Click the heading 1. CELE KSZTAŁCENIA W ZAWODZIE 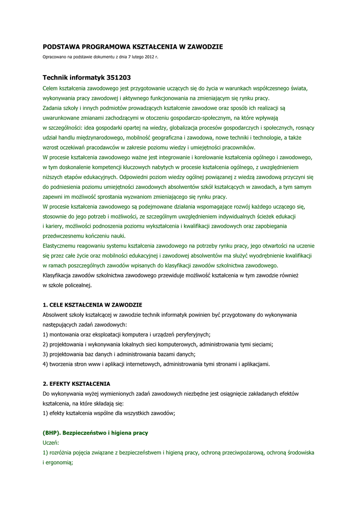(x=92, y=304)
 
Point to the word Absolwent (x=56, y=315)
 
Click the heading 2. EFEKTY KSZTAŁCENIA (x=77, y=384)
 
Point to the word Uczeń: (x=51, y=442)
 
